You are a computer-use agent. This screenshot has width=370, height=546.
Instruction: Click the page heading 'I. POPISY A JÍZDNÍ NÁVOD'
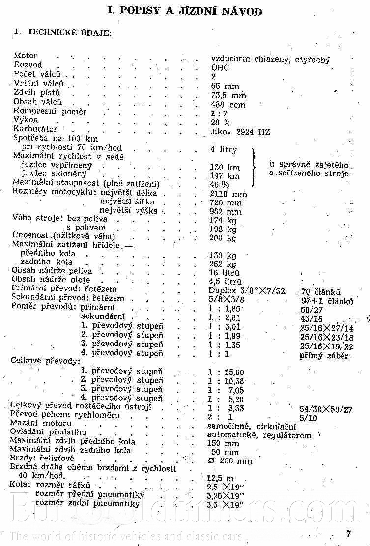(185, 11)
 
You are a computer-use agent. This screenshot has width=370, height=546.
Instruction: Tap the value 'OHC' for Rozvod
(220, 68)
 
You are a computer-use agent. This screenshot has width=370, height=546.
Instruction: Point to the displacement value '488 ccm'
(228, 104)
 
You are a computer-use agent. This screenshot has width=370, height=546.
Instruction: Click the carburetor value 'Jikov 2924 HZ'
(240, 132)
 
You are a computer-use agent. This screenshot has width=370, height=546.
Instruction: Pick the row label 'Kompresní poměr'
(50, 112)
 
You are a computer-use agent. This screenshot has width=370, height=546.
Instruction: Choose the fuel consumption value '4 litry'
(223, 150)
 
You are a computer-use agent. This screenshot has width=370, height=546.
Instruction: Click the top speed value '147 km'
(225, 176)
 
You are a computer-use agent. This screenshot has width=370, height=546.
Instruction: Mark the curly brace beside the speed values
(254, 168)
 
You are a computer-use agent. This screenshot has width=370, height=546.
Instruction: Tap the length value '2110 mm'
(228, 194)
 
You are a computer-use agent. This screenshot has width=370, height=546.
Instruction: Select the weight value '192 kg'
(223, 229)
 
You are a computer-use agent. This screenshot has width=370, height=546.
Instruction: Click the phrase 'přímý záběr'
(324, 356)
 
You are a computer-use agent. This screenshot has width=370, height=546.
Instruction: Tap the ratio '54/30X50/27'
(333, 409)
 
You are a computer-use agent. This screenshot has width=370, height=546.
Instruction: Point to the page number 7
(348, 534)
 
